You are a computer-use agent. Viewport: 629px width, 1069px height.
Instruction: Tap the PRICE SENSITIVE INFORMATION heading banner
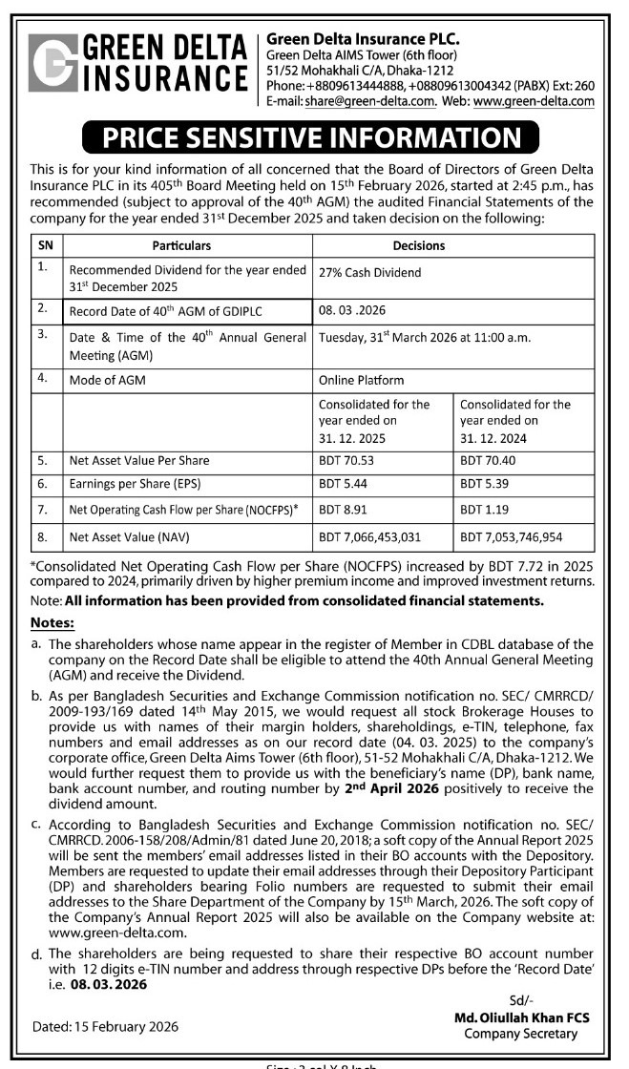[314, 137]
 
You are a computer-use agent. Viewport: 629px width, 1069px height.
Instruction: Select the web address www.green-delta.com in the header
[534, 101]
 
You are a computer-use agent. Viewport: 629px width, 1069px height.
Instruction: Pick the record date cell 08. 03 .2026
[350, 310]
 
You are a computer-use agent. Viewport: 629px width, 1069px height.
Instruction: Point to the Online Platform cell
[361, 379]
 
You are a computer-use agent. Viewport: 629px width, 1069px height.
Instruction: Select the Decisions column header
[419, 245]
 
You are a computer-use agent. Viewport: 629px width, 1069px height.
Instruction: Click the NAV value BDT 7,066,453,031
[383, 536]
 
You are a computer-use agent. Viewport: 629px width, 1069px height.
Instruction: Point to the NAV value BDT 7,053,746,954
[524, 536]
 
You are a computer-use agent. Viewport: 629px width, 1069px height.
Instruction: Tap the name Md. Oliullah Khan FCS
[521, 1018]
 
